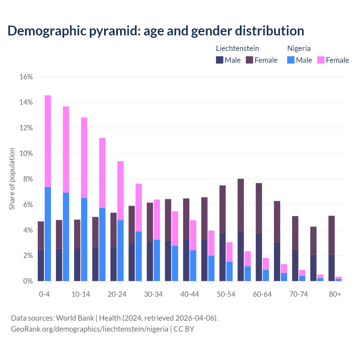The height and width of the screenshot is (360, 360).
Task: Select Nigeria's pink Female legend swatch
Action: [x=321, y=60]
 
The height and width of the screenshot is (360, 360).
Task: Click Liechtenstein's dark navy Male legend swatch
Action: [x=219, y=60]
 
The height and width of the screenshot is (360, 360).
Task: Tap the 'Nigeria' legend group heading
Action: [x=299, y=48]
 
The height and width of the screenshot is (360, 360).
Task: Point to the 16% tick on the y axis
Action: [x=26, y=77]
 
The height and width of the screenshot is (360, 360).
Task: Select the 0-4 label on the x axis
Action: [x=44, y=294]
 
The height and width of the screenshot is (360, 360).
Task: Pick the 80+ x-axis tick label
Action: [x=335, y=294]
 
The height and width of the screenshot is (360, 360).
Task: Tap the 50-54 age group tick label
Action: [x=226, y=294]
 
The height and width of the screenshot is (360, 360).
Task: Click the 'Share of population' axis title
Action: [x=12, y=179]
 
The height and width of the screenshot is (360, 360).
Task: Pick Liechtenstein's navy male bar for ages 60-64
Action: [x=259, y=257]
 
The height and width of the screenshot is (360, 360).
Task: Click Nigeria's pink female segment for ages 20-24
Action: [x=120, y=190]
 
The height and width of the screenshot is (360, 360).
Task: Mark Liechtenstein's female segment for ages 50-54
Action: [x=222, y=209]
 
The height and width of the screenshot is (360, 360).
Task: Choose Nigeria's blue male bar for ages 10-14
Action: [x=84, y=239]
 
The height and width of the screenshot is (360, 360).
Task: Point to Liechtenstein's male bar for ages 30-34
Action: [x=150, y=261]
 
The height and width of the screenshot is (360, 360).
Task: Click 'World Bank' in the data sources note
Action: [x=75, y=318]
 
